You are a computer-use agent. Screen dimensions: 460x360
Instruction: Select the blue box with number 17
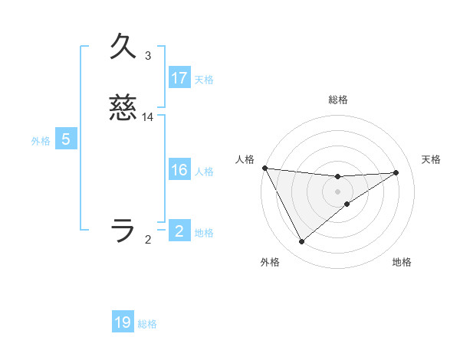click(179, 78)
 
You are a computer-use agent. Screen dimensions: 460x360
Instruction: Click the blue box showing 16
click(179, 171)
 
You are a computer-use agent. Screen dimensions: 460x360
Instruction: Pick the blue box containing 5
click(66, 139)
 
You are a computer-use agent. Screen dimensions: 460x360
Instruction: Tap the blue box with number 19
click(123, 323)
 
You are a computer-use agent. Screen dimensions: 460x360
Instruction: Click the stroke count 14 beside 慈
click(148, 117)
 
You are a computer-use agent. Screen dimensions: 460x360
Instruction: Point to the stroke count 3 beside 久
click(147, 56)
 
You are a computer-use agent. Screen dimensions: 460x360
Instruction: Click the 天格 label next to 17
click(203, 80)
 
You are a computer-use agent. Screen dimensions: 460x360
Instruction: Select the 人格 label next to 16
click(203, 172)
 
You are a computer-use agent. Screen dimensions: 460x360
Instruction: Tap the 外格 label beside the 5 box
click(41, 141)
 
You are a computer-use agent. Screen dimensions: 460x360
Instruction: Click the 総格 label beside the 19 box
click(147, 325)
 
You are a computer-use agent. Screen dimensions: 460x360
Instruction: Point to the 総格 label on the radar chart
click(337, 100)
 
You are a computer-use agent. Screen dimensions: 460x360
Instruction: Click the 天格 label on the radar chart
click(431, 159)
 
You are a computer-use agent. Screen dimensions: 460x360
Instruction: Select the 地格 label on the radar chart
click(402, 263)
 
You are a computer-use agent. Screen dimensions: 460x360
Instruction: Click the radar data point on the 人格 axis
click(264, 168)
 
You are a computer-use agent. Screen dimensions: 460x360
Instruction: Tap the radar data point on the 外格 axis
click(301, 242)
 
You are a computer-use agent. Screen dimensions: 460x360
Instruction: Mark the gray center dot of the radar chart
click(337, 191)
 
